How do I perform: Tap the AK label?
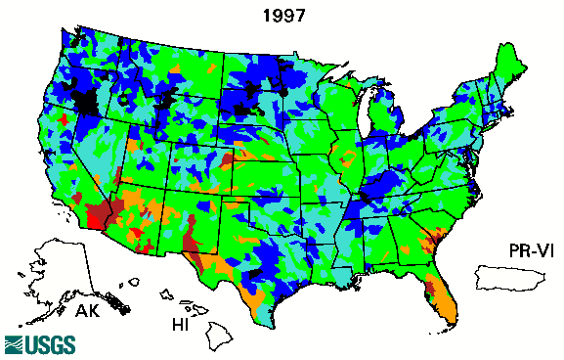click(x=90, y=312)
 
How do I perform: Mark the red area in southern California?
click(x=100, y=213)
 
